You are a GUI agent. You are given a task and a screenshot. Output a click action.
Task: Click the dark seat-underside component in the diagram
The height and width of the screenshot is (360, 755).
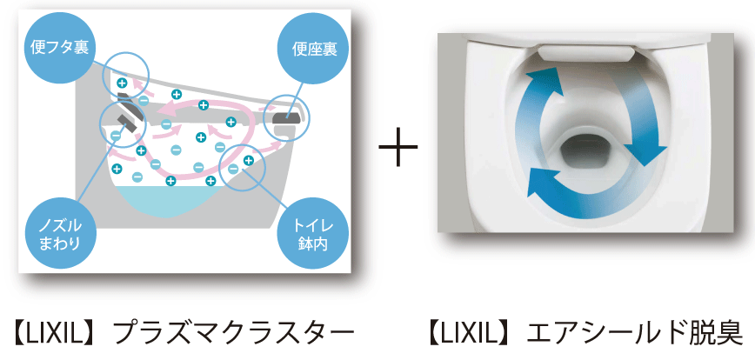(288, 117)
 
